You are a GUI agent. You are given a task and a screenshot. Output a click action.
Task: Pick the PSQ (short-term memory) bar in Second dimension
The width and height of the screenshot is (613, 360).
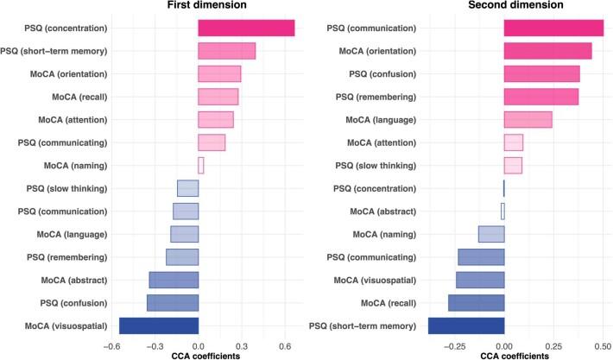pyautogui.click(x=466, y=325)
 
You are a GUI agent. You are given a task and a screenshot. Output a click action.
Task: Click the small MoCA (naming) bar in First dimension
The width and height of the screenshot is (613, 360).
pyautogui.click(x=201, y=165)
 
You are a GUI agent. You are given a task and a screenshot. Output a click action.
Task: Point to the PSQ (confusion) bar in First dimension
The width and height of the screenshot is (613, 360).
pyautogui.click(x=173, y=302)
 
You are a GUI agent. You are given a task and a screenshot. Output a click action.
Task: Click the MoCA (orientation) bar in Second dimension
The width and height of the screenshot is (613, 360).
pyautogui.click(x=547, y=51)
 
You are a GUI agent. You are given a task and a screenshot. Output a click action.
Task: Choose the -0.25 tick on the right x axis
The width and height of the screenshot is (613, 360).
pyautogui.click(x=449, y=345)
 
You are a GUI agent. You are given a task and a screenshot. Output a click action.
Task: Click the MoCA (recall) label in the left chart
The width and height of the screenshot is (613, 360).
pyautogui.click(x=73, y=97)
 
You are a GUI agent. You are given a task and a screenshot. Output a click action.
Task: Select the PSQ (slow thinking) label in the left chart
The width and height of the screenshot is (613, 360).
pyautogui.click(x=66, y=188)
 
